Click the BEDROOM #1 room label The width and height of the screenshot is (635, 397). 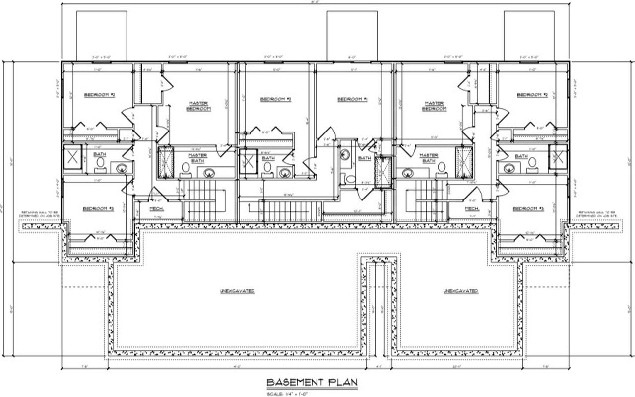(x=352, y=99)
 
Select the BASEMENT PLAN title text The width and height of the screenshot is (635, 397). (x=312, y=382)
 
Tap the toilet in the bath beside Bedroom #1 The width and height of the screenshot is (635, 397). (x=350, y=179)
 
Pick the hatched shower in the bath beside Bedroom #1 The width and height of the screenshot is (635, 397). (x=382, y=172)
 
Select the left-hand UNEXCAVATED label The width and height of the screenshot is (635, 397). (x=237, y=291)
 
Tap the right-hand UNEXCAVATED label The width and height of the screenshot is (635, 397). (x=460, y=291)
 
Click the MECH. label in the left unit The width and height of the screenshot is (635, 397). (x=157, y=209)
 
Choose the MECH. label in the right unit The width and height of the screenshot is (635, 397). (x=472, y=209)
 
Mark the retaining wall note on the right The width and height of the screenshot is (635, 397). (x=597, y=214)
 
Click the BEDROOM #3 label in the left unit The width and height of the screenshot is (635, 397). (x=98, y=209)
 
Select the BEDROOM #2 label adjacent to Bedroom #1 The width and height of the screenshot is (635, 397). (x=275, y=99)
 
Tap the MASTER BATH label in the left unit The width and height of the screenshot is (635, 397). (x=197, y=157)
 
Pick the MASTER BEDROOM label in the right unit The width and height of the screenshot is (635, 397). (x=434, y=106)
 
